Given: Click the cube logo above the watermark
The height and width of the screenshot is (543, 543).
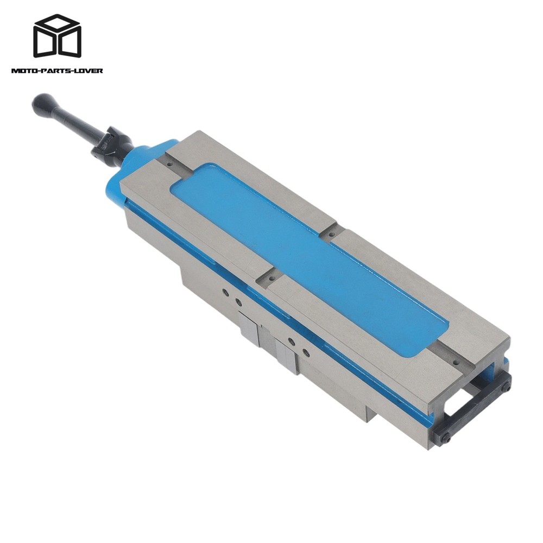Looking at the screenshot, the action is click(x=58, y=36).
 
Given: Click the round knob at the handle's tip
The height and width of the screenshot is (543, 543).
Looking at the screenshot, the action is click(x=41, y=102).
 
